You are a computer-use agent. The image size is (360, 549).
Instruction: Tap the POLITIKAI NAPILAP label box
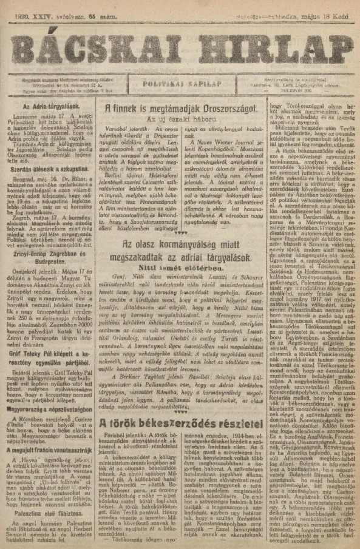[180, 85]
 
